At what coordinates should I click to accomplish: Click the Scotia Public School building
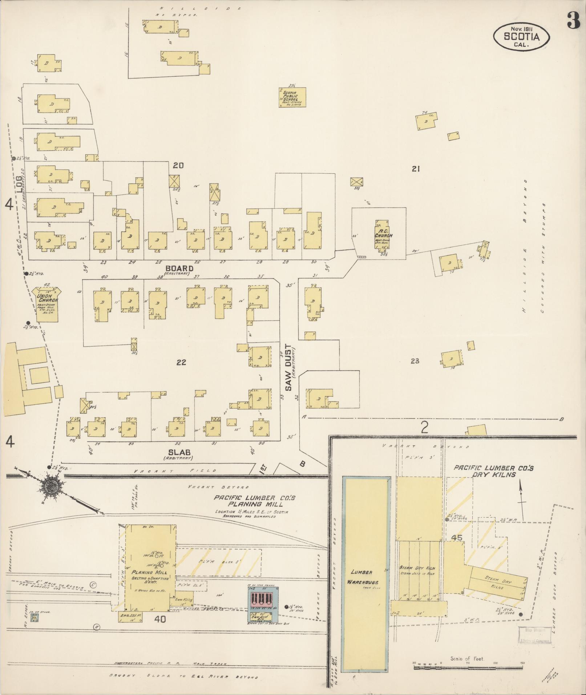[x=292, y=97]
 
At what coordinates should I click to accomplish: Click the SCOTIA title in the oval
[x=521, y=36]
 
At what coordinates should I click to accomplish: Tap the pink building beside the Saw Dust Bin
[x=262, y=598]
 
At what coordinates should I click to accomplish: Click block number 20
[x=178, y=166]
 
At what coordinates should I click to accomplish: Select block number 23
[x=415, y=361]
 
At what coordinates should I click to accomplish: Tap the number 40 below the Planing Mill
[x=160, y=620]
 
